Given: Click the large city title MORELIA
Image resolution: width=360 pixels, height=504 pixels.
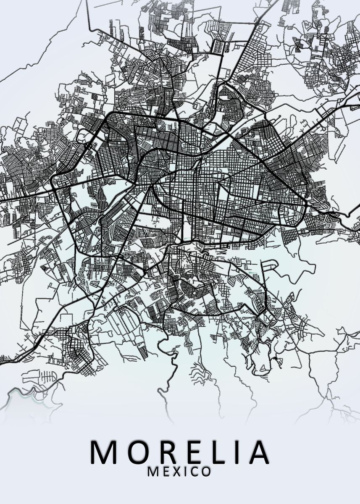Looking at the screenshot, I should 180,452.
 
